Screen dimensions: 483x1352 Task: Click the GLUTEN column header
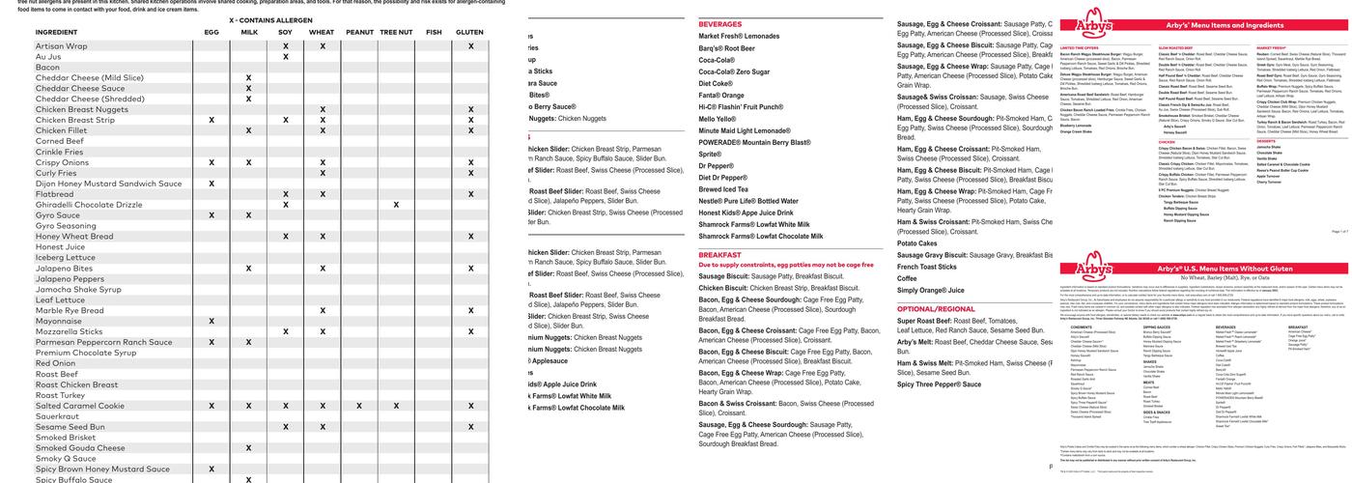click(x=469, y=32)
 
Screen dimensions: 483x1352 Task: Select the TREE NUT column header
click(x=396, y=32)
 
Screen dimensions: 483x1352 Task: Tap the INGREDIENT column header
click(x=56, y=32)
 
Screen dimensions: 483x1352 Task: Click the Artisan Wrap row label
click(x=61, y=46)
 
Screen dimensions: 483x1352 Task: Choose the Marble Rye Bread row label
click(x=70, y=310)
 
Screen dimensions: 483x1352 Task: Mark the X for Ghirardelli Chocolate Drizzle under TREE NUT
click(x=396, y=205)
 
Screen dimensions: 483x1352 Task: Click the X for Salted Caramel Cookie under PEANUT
click(x=359, y=406)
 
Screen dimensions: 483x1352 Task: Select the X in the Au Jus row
click(x=286, y=57)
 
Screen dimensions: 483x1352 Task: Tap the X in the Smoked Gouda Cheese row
click(x=248, y=448)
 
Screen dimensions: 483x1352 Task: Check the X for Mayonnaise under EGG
click(x=211, y=321)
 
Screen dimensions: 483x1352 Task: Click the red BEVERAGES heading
click(x=720, y=23)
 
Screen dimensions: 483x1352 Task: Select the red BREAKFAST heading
click(x=719, y=255)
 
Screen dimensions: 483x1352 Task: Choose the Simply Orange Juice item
click(x=930, y=290)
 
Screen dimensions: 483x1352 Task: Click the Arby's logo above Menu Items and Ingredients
click(x=1086, y=24)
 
